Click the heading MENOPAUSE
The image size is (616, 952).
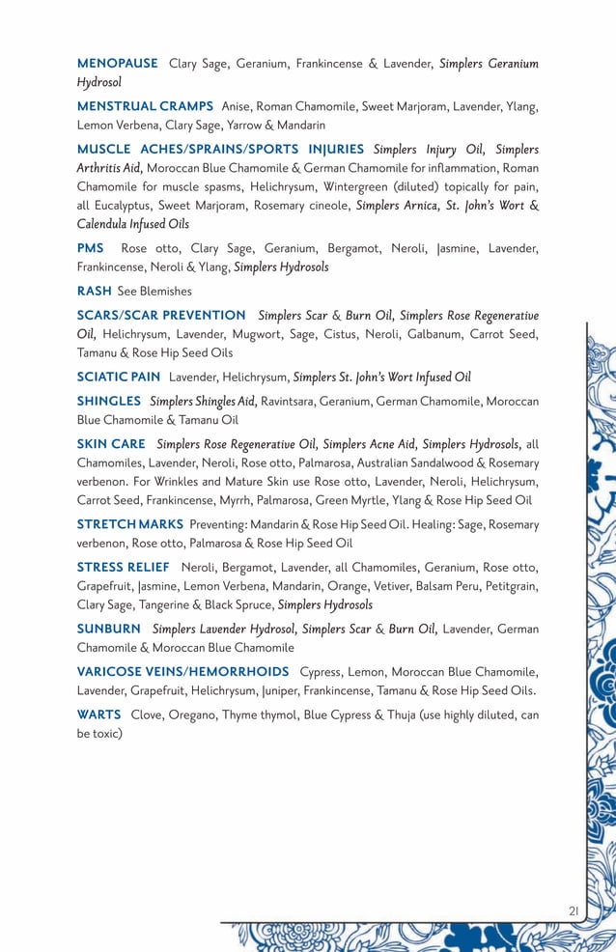pyautogui.click(x=117, y=64)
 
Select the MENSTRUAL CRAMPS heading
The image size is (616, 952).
pyautogui.click(x=145, y=106)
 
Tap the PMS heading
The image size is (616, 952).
pyautogui.click(x=91, y=248)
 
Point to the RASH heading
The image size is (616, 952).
pyautogui.click(x=94, y=291)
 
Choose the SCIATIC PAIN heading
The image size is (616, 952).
pyautogui.click(x=119, y=377)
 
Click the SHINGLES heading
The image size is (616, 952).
pyautogui.click(x=109, y=401)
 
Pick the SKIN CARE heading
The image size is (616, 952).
pyautogui.click(x=111, y=444)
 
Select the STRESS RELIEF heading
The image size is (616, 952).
pyautogui.click(x=123, y=567)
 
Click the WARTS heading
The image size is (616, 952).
pyautogui.click(x=98, y=714)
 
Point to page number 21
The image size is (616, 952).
pyautogui.click(x=574, y=910)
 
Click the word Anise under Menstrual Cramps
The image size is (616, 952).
pyautogui.click(x=238, y=106)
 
